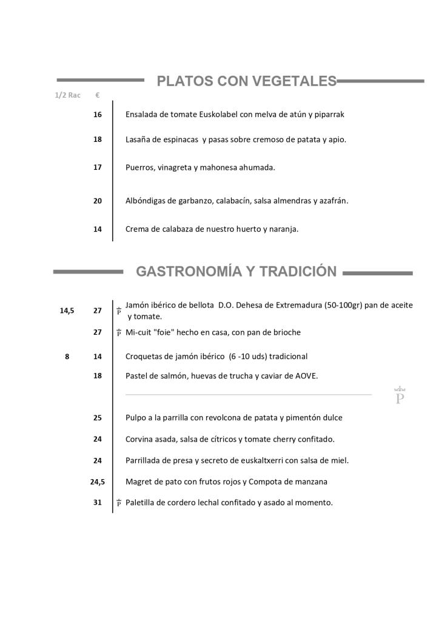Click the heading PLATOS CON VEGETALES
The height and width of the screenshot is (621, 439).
click(246, 81)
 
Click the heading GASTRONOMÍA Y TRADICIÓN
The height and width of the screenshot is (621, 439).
click(236, 271)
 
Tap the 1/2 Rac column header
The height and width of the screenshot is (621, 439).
click(68, 96)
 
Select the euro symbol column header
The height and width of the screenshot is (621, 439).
click(98, 96)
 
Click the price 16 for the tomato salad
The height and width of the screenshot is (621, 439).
click(98, 114)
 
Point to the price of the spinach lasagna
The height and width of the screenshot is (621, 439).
click(98, 139)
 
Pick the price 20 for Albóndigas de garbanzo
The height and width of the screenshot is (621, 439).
click(98, 201)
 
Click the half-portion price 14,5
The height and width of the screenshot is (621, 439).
click(67, 310)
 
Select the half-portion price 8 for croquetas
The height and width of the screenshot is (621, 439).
click(67, 357)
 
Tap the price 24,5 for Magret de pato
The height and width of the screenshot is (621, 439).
click(97, 482)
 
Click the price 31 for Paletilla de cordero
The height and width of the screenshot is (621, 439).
click(98, 503)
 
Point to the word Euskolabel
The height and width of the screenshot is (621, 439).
click(221, 114)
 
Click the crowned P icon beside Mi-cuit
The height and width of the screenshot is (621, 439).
click(119, 332)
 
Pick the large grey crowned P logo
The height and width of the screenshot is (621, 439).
click(400, 396)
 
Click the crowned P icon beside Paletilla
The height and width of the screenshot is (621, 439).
click(119, 503)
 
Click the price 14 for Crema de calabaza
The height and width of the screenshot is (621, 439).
click(98, 229)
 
